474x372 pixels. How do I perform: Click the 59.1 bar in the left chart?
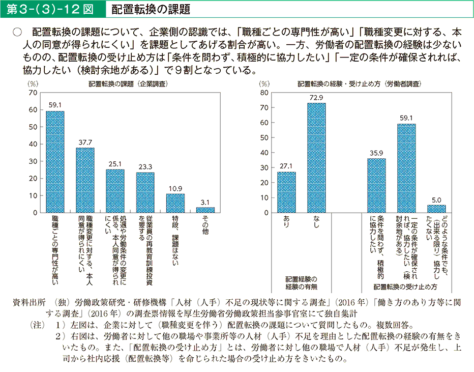point(55,162)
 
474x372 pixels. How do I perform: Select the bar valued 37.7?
point(85,180)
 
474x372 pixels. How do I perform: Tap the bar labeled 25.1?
point(115,191)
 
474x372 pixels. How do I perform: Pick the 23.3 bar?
point(145,192)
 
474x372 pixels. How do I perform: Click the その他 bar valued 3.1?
point(205,210)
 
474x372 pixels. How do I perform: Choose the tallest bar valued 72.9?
point(316,158)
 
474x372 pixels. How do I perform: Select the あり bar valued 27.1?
point(286,192)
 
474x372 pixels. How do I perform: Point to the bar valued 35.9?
point(376,185)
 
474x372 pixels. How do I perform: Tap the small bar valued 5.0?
point(436,209)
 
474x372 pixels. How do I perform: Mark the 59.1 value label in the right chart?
point(406,118)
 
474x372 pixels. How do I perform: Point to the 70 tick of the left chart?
point(33,93)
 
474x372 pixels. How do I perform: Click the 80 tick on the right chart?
point(264,93)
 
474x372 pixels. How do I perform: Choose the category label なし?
point(316,221)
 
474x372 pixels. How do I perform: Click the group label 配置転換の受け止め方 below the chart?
point(406,287)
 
